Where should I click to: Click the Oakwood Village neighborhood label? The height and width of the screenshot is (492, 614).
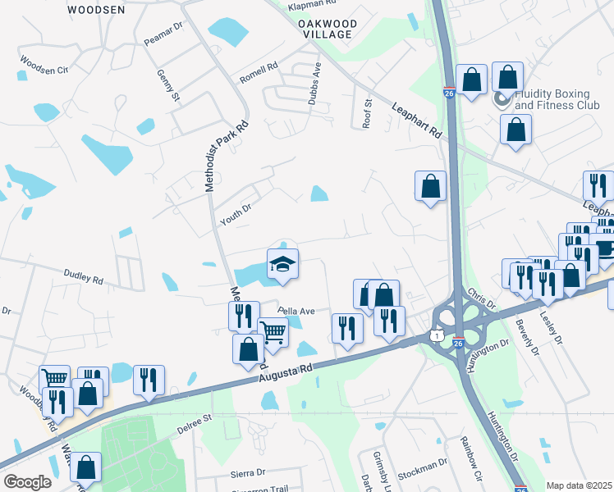point(328,30)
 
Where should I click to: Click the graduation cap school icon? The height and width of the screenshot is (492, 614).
point(282,265)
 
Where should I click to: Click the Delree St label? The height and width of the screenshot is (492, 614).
point(195,423)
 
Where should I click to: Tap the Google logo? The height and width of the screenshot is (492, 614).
point(26,481)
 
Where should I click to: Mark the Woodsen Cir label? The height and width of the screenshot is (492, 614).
point(44,66)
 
